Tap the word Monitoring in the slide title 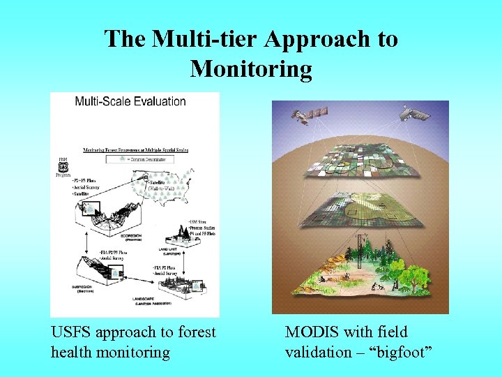pyautogui.click(x=251, y=68)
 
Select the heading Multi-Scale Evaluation pyautogui.click(x=130, y=101)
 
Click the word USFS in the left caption pyautogui.click(x=72, y=332)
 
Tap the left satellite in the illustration pyautogui.click(x=309, y=114)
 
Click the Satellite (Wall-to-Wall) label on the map pyautogui.click(x=160, y=184)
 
